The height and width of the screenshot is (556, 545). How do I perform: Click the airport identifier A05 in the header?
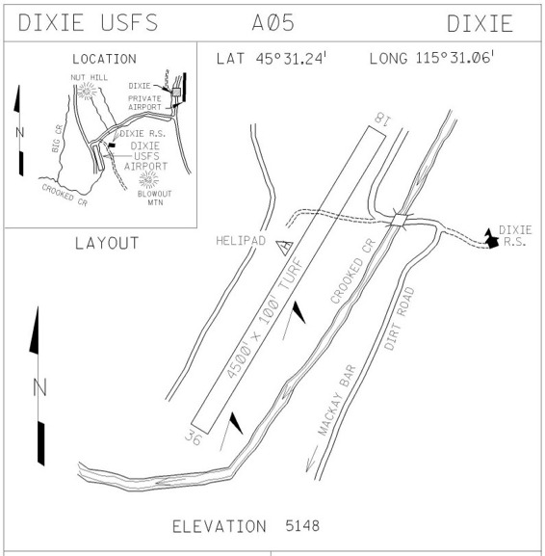[x=273, y=23]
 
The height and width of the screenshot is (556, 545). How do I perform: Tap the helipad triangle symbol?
[x=285, y=247]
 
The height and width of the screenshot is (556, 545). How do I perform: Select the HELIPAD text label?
[x=241, y=241]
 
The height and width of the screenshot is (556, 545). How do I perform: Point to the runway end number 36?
[x=194, y=437]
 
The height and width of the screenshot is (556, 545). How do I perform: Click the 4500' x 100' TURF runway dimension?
[x=265, y=318]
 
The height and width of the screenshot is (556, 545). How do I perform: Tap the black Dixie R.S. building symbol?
[x=491, y=239]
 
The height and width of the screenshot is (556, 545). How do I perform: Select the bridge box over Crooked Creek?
[x=399, y=220]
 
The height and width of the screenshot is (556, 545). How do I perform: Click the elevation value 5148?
[x=302, y=526]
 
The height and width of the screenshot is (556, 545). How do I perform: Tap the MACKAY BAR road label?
[x=336, y=400]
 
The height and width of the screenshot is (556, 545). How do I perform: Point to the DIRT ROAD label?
[x=400, y=318]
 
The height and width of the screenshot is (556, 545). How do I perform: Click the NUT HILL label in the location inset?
[x=89, y=78]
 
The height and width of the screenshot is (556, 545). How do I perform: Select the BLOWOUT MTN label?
[x=155, y=199]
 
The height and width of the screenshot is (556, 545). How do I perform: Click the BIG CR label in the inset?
[x=58, y=139]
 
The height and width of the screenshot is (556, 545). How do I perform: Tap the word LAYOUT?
[x=107, y=243]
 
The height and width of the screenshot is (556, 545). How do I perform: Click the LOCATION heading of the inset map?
[x=104, y=59]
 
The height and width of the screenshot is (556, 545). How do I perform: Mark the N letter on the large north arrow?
[x=39, y=387]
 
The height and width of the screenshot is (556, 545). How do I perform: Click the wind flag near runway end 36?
[x=232, y=431]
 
